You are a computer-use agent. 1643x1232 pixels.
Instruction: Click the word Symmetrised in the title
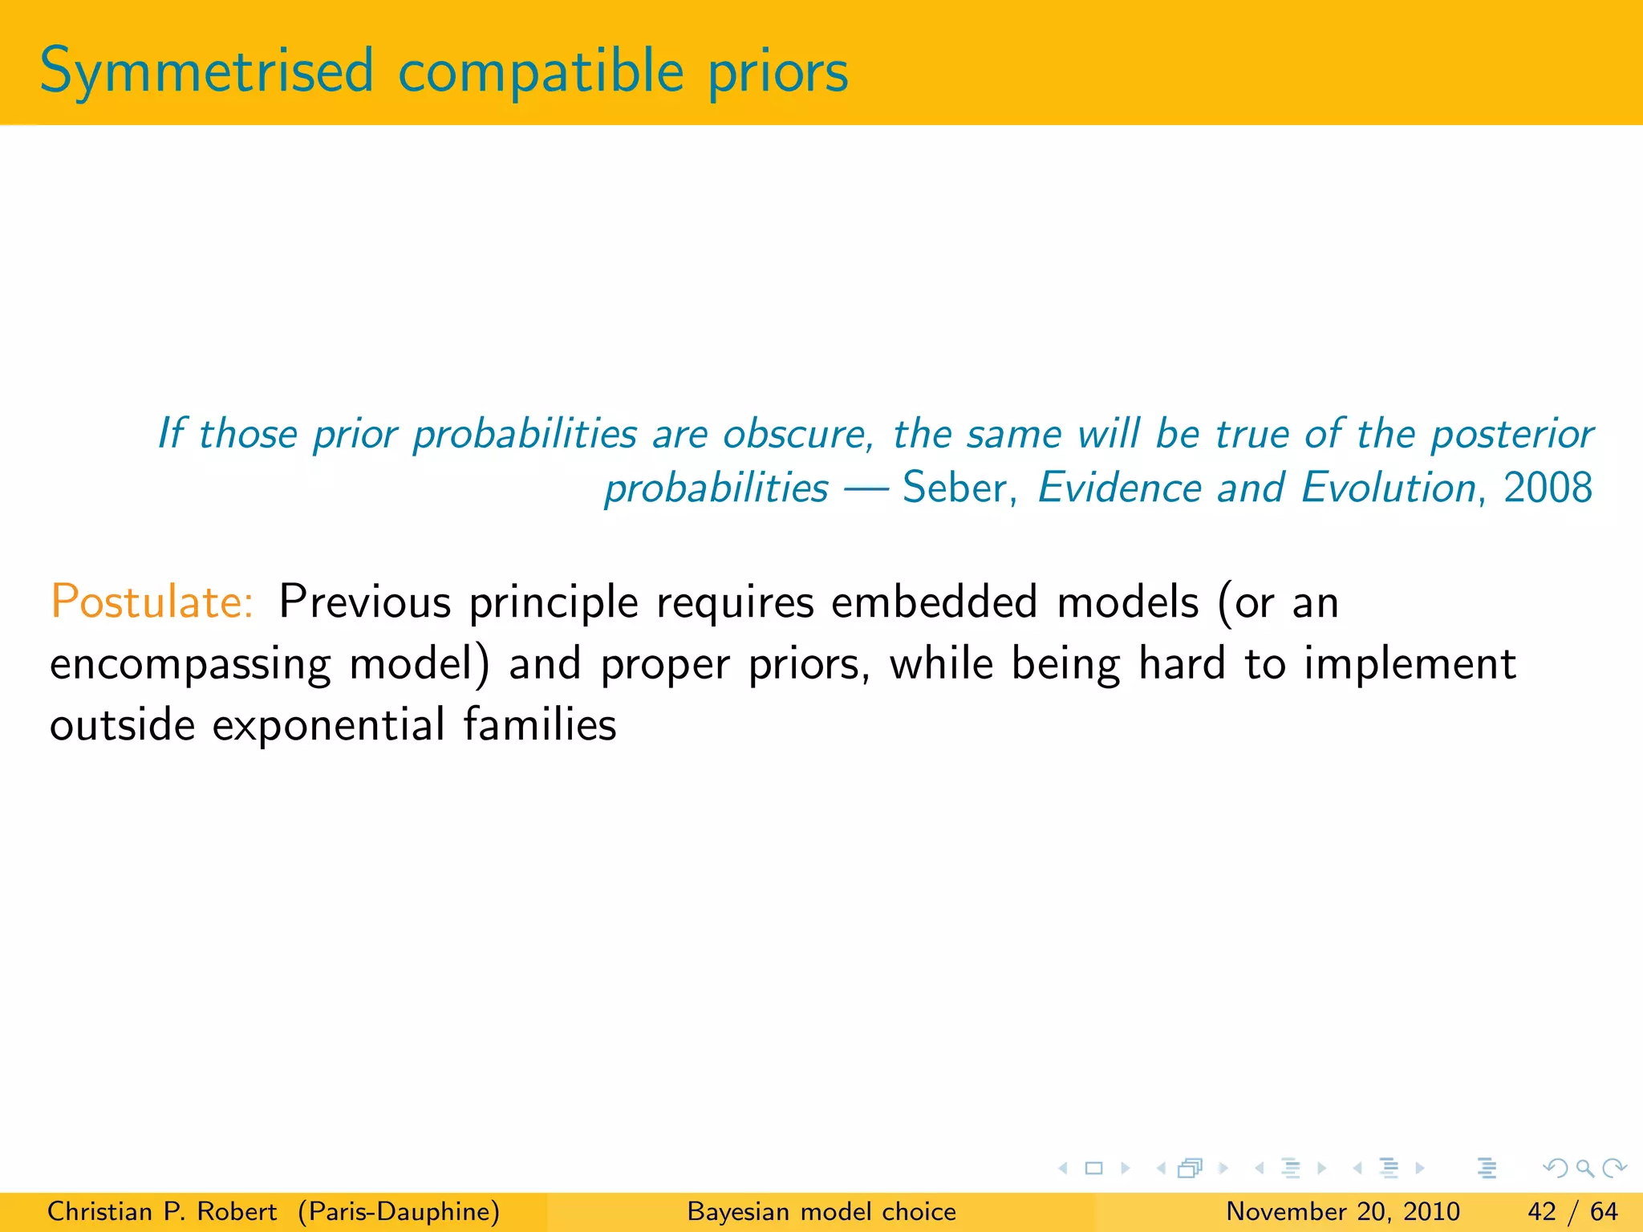tap(206, 72)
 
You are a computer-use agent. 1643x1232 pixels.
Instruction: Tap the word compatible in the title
tap(540, 72)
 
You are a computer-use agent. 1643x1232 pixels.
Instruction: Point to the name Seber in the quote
tap(954, 488)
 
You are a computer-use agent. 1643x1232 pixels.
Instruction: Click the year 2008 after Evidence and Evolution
tap(1548, 488)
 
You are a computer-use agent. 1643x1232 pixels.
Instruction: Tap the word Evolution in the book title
tap(1388, 488)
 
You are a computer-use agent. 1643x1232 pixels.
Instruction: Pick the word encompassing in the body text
tap(190, 666)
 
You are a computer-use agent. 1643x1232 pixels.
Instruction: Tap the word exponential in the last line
tap(327, 725)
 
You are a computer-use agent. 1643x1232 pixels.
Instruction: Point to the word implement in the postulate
tap(1410, 664)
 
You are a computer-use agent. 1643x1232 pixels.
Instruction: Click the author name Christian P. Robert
tap(162, 1211)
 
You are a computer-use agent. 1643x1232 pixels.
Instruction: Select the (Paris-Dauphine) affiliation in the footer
tap(399, 1211)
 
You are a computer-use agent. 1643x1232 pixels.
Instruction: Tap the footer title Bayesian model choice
tap(821, 1211)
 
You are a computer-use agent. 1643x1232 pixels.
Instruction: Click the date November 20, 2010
tap(1342, 1211)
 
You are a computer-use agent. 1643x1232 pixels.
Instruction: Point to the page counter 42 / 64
tap(1572, 1211)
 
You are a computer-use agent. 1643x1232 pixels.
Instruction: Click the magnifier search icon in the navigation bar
tap(1584, 1168)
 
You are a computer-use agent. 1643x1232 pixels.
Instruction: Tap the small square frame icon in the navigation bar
tap(1093, 1168)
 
